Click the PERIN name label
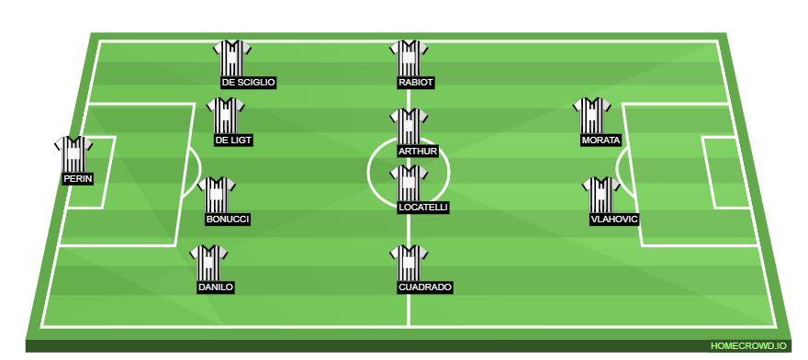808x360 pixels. [x=78, y=179]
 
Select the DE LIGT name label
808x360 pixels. [x=233, y=141]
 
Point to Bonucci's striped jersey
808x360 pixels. [x=217, y=195]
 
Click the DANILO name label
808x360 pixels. [x=216, y=287]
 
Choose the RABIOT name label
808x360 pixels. [x=416, y=83]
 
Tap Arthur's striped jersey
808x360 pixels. [x=409, y=126]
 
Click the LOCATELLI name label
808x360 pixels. [x=423, y=208]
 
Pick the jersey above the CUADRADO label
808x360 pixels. [x=409, y=263]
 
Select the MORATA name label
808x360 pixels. [x=600, y=141]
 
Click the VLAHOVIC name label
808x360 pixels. [x=614, y=219]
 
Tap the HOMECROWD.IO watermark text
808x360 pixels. [x=748, y=346]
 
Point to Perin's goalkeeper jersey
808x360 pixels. [x=73, y=154]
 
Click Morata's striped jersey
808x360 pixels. [x=592, y=116]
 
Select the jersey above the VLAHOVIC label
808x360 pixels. [x=601, y=195]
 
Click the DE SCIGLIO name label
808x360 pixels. [x=248, y=83]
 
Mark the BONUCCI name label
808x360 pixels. [x=228, y=219]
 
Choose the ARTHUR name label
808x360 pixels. [x=418, y=151]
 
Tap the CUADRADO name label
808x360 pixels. [x=425, y=287]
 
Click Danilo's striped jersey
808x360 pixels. [x=208, y=263]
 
